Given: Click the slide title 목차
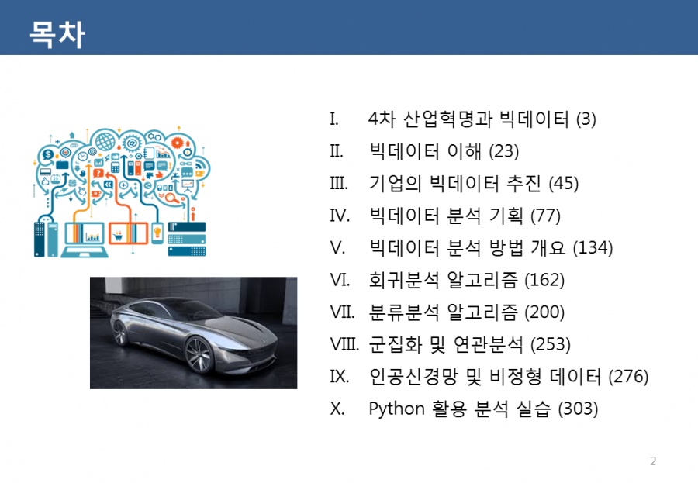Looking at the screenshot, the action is click(x=57, y=34).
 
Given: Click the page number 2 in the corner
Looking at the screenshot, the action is click(x=653, y=461).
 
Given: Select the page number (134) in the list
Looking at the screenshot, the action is click(x=593, y=247).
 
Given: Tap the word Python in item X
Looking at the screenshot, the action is click(x=396, y=409).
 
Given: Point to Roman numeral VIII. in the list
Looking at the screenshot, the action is click(x=344, y=344).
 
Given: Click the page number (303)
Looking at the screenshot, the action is click(x=578, y=409).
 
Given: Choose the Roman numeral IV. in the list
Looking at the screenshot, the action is click(x=340, y=216).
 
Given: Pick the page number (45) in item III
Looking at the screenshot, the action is click(x=564, y=184).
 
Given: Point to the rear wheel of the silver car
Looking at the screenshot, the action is click(x=120, y=333).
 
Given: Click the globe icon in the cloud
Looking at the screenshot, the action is click(x=105, y=141).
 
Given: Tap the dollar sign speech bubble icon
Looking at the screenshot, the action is click(x=47, y=155).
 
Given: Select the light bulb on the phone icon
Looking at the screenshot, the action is click(x=157, y=232).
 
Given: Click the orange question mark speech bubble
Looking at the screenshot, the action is click(x=98, y=173).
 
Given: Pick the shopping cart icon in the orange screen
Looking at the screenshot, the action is click(x=118, y=235).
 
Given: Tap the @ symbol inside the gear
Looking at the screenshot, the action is click(x=132, y=143).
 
